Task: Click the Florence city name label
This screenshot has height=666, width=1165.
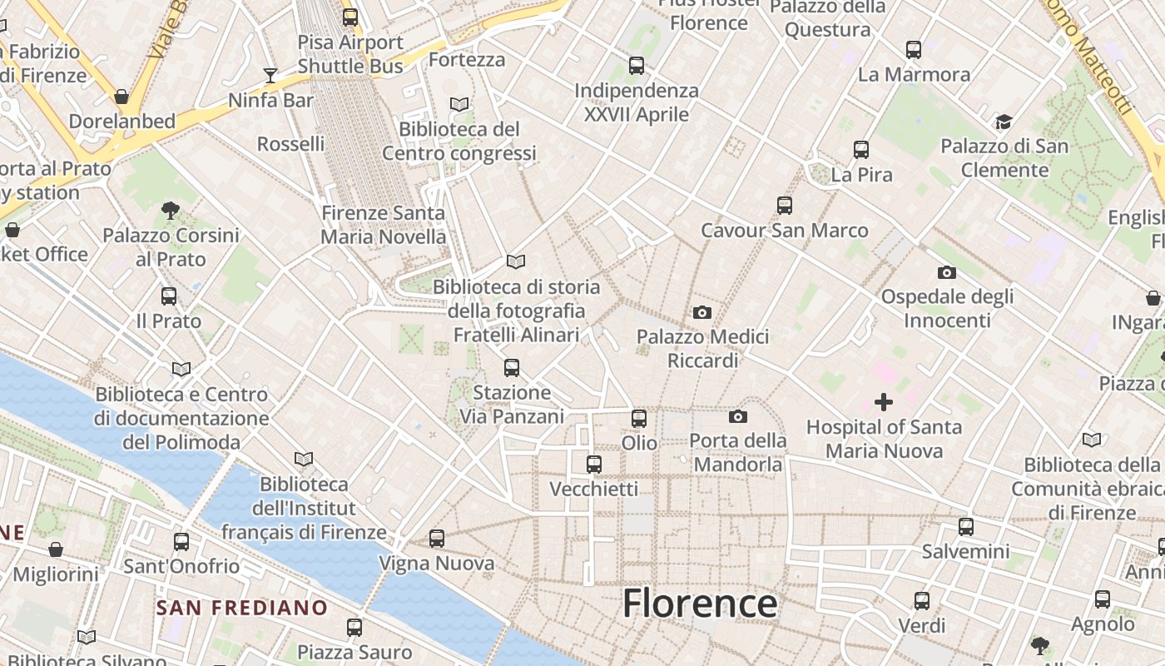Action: click(x=700, y=604)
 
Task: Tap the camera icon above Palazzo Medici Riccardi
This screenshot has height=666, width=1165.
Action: click(x=702, y=313)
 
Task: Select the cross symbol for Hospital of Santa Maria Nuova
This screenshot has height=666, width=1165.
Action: click(x=884, y=403)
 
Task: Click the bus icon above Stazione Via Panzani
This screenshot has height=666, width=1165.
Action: click(x=512, y=367)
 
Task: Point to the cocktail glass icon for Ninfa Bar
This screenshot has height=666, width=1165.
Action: click(x=270, y=76)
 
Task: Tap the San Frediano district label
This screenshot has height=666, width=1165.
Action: click(x=241, y=608)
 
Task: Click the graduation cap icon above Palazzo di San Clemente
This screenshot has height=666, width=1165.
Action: click(x=1004, y=122)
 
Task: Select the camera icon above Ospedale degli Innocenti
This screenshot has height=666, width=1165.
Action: click(x=946, y=272)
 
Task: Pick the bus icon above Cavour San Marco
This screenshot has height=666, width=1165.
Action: click(x=784, y=205)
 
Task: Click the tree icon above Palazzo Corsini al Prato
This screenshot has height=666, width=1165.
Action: click(x=171, y=210)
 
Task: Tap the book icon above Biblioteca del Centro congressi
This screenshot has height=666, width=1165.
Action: click(x=459, y=105)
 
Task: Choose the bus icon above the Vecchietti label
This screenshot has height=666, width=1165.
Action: click(x=594, y=464)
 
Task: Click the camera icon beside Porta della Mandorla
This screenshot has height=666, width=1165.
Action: click(x=738, y=416)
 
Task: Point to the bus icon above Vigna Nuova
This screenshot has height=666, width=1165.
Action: click(x=437, y=539)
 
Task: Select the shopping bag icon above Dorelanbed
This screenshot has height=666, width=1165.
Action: click(x=121, y=97)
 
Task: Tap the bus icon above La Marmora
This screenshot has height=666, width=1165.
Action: click(x=914, y=50)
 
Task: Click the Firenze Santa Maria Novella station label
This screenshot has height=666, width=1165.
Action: click(x=384, y=225)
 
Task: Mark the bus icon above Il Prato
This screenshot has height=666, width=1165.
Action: click(x=169, y=296)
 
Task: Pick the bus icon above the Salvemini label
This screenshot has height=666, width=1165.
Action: click(x=965, y=526)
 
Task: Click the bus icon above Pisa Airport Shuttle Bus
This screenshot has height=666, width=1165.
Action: click(x=350, y=17)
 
